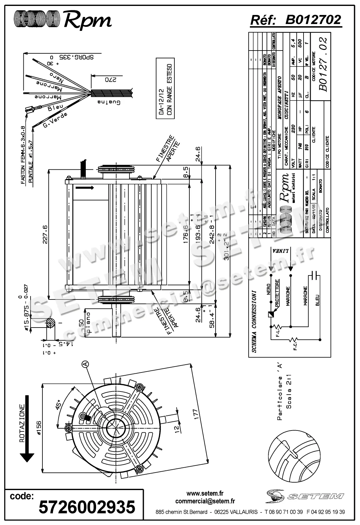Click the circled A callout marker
pyautogui.click(x=85, y=364)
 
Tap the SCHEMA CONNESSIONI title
pyautogui.click(x=254, y=321)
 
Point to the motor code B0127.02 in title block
pyautogui.click(x=323, y=64)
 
